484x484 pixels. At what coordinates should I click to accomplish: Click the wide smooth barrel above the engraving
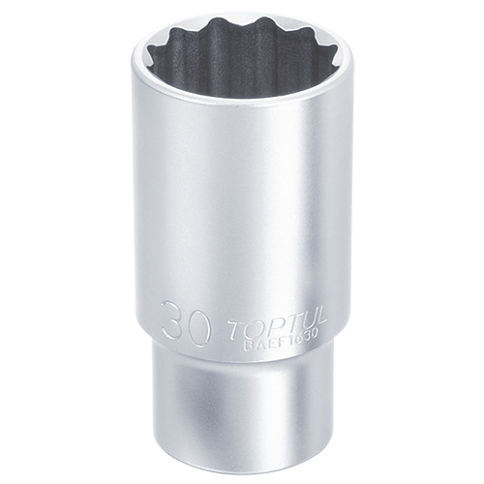click(x=242, y=213)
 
